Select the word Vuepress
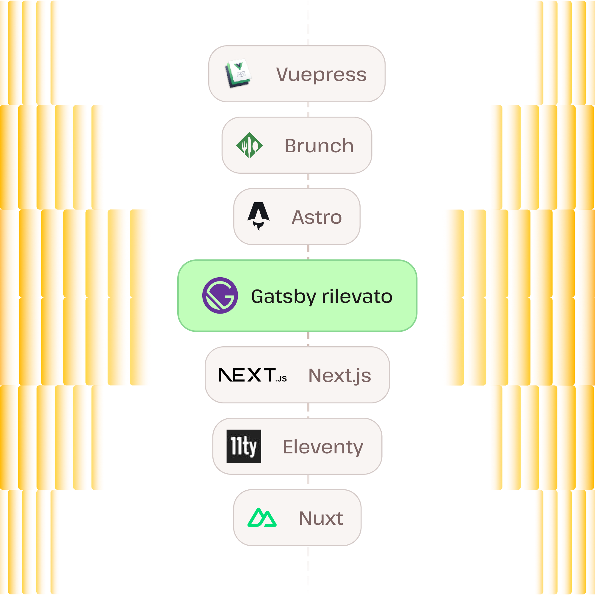[321, 75]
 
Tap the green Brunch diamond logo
[249, 145]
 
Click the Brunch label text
[319, 146]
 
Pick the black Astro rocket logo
[259, 216]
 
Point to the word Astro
[317, 217]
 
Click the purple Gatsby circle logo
[220, 295]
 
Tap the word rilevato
[357, 296]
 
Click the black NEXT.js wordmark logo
[253, 375]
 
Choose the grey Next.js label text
[340, 376]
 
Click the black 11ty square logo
[244, 446]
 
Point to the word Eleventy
[323, 447]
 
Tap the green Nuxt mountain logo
[262, 518]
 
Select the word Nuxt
[321, 518]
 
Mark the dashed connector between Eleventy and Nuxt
[308, 482]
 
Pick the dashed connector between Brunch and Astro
[308, 181]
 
